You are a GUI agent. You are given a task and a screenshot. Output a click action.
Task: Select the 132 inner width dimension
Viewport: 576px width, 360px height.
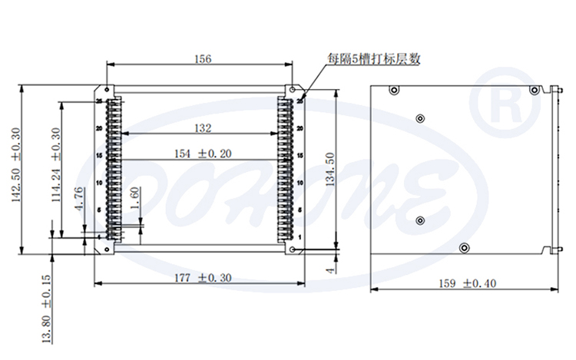point(203,127)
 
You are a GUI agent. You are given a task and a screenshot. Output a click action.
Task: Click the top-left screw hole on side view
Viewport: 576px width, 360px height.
point(394,90)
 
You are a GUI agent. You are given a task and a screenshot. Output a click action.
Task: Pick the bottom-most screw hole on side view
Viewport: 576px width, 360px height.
point(464,247)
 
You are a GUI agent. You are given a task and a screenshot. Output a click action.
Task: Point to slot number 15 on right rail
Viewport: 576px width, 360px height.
point(300,156)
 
